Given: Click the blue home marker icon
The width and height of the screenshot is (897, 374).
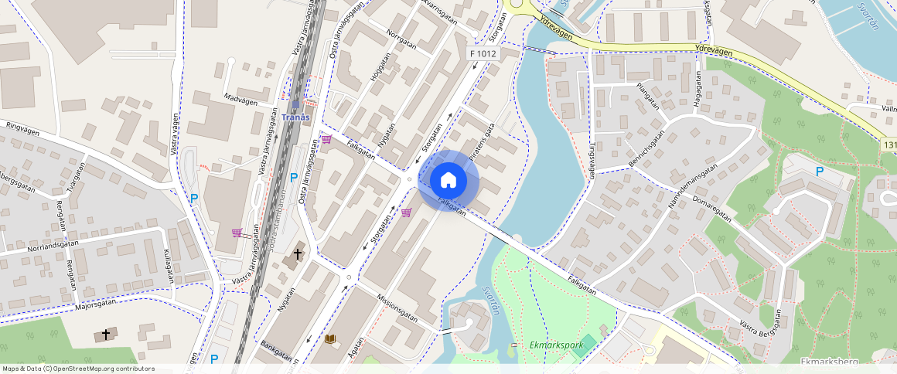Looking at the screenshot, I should coord(448,181).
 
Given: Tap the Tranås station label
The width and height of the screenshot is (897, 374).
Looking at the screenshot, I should coord(295,117).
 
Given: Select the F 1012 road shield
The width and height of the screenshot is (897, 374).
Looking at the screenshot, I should coord(483,53).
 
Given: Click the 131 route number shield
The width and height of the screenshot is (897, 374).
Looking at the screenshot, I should coord(888,144).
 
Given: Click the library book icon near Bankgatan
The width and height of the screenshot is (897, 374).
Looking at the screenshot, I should coord(330,338).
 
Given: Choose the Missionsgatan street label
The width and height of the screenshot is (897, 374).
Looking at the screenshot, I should coord(397,307).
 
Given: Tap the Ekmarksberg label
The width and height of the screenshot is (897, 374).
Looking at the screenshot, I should coord(825,361).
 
